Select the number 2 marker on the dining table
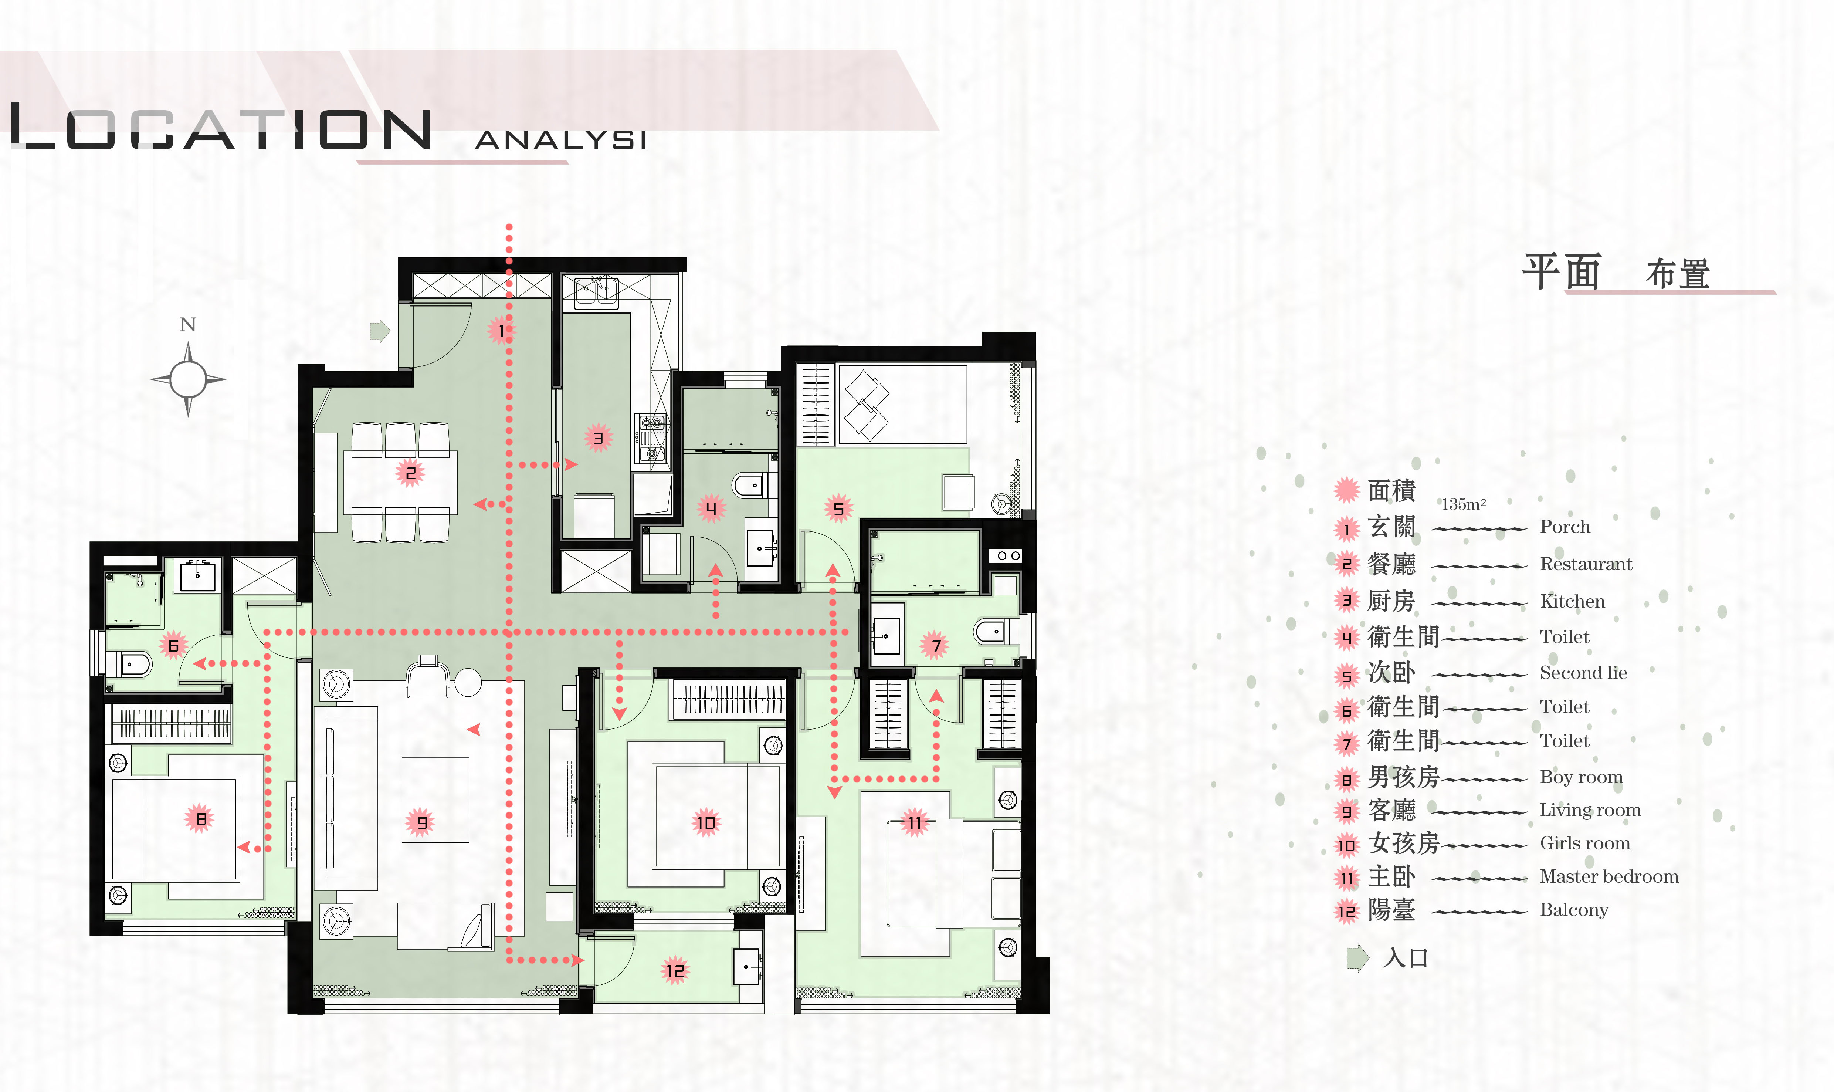click(410, 473)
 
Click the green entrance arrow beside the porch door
click(380, 331)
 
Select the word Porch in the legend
click(1565, 527)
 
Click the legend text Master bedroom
click(1609, 876)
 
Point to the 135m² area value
click(1463, 504)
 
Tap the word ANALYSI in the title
click(560, 140)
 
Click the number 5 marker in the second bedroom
click(838, 508)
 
